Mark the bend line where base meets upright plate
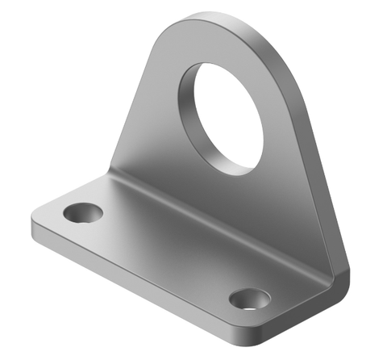pyautogui.click(x=218, y=218)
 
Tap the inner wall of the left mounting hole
pyautogui.click(x=78, y=209)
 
